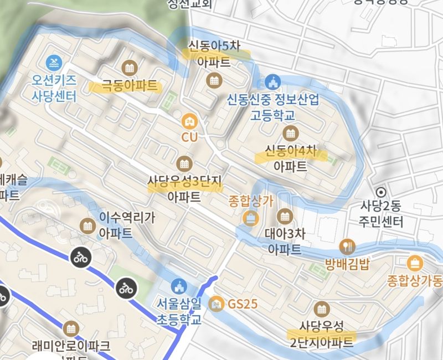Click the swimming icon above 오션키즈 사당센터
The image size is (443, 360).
pos(55,61)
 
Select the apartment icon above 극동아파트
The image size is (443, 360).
pos(129,68)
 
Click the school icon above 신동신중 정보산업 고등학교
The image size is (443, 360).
pos(271,81)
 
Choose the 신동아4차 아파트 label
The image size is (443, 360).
pos(290,158)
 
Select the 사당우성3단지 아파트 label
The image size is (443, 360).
pos(184,188)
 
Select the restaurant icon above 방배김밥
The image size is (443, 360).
pos(347,245)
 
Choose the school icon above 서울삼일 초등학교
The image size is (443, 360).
pos(178,286)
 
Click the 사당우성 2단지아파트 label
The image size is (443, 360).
pos(321,335)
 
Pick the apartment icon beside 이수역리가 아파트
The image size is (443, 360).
pos(87,226)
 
